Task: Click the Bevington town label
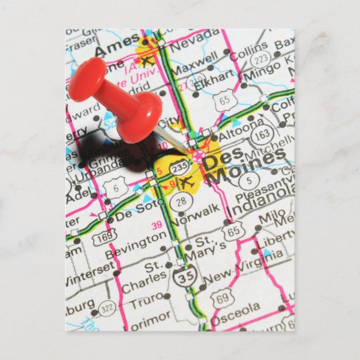(135, 246)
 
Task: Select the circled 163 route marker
(263, 134)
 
